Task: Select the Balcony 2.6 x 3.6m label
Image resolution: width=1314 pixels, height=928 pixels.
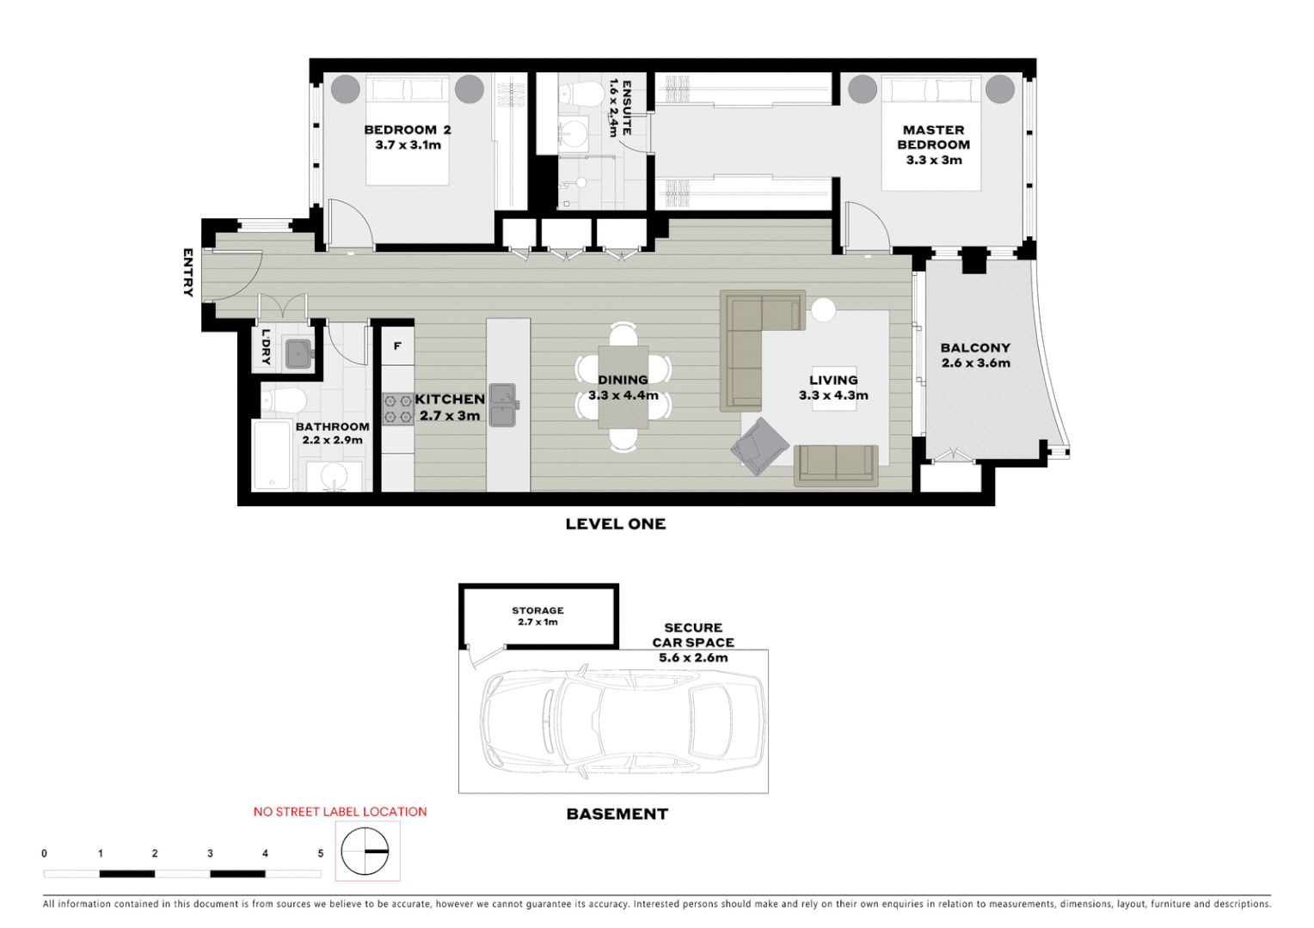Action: tap(975, 355)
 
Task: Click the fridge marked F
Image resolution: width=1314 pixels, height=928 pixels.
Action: tap(397, 345)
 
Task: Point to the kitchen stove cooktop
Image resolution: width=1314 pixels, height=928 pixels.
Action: tap(398, 409)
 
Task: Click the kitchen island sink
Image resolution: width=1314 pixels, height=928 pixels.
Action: tap(503, 405)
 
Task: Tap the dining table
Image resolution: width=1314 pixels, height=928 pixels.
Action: tap(623, 387)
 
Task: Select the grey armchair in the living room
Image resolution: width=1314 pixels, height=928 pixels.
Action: tap(759, 445)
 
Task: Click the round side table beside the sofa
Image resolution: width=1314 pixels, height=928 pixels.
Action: tap(823, 309)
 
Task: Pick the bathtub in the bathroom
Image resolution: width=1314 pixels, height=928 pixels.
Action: tap(272, 455)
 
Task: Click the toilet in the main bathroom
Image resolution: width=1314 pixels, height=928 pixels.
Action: tap(285, 400)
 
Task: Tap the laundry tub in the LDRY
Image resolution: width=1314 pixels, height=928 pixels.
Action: tap(298, 353)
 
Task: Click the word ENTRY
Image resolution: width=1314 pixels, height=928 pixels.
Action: tap(187, 272)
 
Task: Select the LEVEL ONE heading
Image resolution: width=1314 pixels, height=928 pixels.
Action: tap(616, 524)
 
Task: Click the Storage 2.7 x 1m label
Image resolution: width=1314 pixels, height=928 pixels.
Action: tap(537, 616)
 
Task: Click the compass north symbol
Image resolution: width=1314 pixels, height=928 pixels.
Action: tap(365, 851)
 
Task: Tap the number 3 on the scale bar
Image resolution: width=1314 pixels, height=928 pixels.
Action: tap(210, 853)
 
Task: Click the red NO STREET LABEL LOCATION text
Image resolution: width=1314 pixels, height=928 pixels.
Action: tap(340, 811)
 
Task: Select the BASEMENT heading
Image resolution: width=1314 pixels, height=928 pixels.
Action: tap(617, 814)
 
